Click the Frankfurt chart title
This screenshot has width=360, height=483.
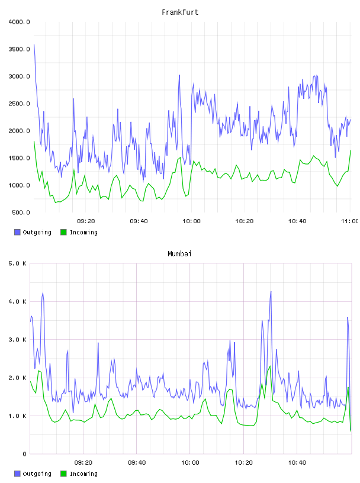(x=180, y=12)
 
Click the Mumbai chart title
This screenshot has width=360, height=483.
(x=179, y=254)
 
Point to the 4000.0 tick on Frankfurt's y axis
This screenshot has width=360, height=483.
(x=19, y=22)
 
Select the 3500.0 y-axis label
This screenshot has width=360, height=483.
(x=19, y=49)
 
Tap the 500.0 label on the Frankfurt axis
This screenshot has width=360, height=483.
(x=21, y=212)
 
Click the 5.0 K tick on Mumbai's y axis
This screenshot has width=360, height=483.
(x=17, y=263)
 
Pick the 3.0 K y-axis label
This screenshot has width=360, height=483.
(x=17, y=339)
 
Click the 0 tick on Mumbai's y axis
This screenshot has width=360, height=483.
(x=25, y=454)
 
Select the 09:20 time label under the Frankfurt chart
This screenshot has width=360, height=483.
(x=86, y=221)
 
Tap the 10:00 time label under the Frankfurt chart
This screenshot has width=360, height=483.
(x=191, y=221)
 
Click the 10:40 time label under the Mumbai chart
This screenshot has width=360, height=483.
(x=297, y=463)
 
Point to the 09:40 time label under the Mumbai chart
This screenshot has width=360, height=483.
(x=137, y=463)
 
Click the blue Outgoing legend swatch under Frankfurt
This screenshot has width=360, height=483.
(x=17, y=232)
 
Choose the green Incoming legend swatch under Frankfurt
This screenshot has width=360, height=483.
(x=63, y=232)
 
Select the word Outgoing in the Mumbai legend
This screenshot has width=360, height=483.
(x=37, y=474)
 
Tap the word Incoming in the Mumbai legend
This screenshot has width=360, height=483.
(x=83, y=474)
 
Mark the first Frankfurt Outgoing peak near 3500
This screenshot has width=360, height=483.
(x=34, y=44)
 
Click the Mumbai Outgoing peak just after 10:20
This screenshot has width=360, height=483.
(x=271, y=291)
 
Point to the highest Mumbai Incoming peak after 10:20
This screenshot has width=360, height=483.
(x=270, y=366)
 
